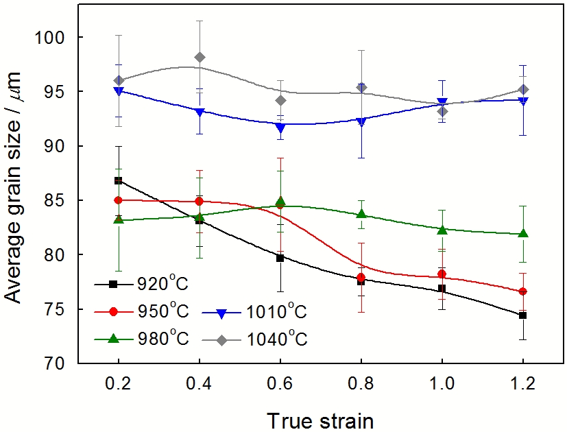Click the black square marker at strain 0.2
(x=119, y=180)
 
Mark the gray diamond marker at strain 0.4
(x=200, y=57)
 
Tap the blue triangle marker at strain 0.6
(x=280, y=128)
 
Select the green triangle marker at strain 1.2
(x=523, y=233)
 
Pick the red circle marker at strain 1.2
(x=523, y=291)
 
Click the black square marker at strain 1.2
(x=523, y=315)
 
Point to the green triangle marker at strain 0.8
(x=361, y=214)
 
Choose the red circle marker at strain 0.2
(x=119, y=200)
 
